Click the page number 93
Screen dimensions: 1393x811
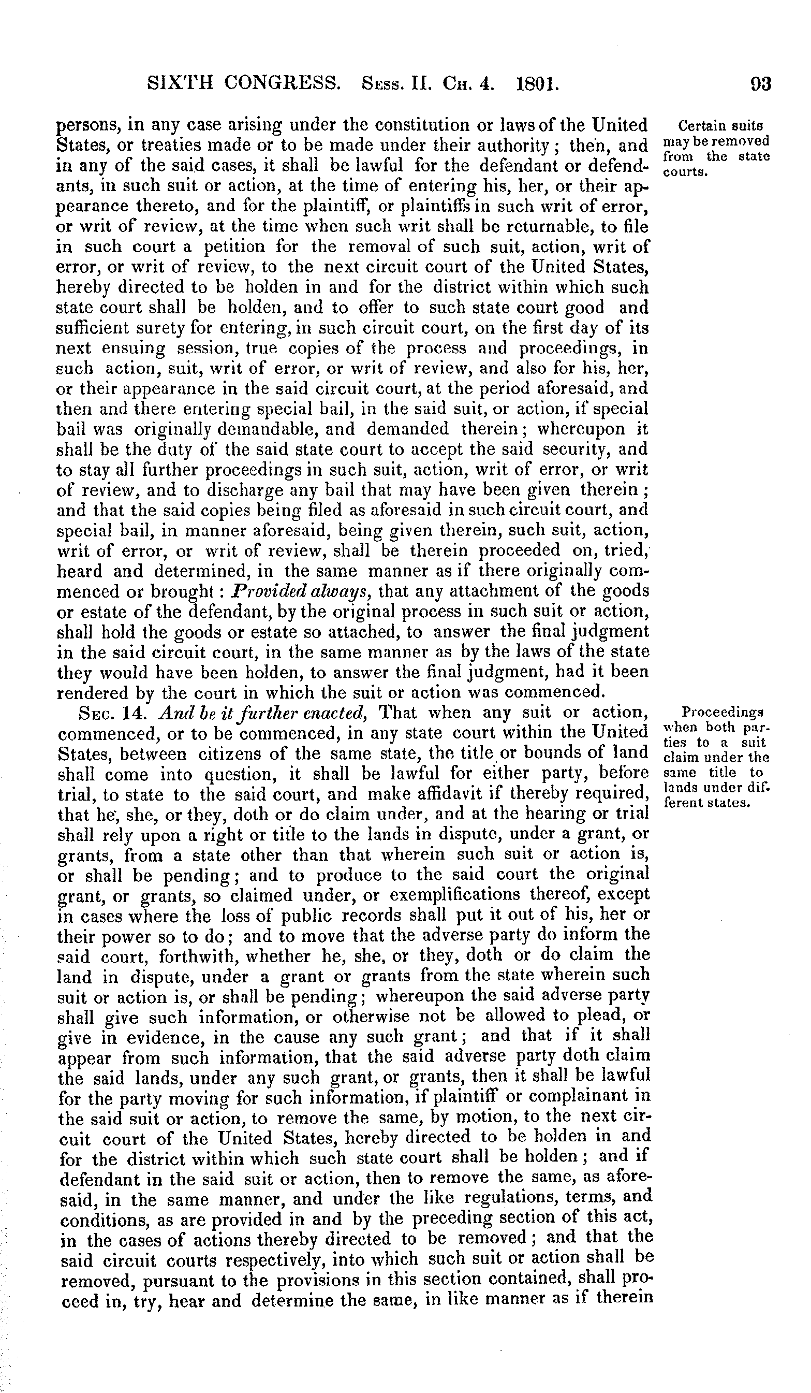[760, 84]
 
